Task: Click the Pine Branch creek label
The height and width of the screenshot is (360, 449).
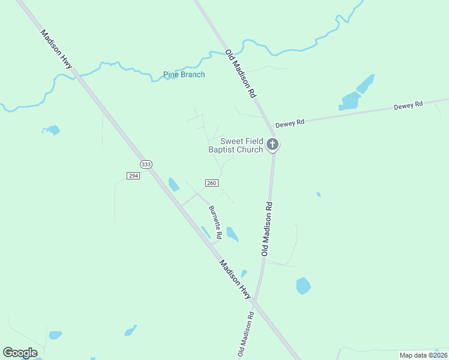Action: pos(184,75)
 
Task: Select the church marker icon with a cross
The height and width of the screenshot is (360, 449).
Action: pos(273,144)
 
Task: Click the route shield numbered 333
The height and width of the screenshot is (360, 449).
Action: pos(145,164)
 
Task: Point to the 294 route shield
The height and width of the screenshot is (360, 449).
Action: pos(133,175)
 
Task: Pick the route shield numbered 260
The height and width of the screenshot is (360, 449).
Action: pos(211,182)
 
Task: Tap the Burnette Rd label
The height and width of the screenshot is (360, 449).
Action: pos(215,221)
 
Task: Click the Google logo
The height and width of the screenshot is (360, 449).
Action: pos(20,352)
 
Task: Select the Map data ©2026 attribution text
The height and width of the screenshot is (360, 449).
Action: pos(423,355)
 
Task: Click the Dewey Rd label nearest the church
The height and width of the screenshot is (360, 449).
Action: pos(290,123)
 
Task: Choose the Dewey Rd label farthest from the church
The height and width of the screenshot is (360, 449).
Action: pos(408,105)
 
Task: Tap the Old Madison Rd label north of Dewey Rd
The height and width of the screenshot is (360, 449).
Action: pos(241,74)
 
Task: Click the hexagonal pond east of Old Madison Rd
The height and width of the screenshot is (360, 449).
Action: pos(303,286)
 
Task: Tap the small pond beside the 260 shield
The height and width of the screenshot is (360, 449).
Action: pos(173,184)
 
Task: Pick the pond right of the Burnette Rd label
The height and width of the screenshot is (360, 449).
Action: pos(232,234)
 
